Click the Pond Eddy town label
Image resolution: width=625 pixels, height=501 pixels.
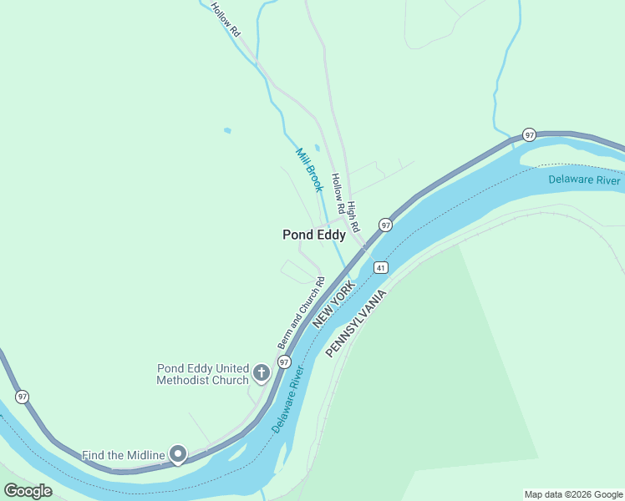313,235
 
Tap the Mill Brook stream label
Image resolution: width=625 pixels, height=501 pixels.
309,170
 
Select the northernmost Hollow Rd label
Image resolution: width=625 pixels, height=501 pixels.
226,19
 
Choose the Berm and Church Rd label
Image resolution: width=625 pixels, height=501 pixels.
300,313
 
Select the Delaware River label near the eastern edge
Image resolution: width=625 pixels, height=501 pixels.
584,180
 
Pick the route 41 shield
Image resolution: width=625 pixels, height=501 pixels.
381,267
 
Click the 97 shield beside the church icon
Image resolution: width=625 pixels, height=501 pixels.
285,362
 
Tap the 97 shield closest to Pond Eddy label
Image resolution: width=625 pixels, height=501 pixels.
385,225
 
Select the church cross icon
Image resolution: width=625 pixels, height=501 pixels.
262,372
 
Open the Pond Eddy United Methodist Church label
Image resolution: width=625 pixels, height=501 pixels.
203,374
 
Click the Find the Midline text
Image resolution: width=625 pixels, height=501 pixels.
124,455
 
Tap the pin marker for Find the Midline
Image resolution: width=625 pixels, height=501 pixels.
178,454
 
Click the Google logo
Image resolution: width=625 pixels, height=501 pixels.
28,491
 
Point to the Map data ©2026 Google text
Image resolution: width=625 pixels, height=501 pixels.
573,494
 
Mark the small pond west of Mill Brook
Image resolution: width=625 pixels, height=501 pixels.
227,130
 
